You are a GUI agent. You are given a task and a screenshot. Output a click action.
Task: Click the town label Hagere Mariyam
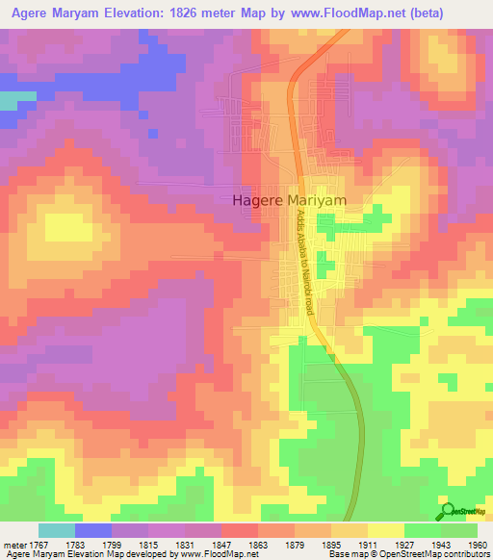289,200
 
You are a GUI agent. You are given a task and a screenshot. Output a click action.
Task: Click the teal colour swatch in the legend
56,530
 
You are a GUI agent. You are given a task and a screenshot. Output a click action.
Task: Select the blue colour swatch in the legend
92,530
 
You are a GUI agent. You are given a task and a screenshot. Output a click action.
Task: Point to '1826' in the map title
190,13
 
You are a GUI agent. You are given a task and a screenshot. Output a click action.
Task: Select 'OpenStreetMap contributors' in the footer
439,554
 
